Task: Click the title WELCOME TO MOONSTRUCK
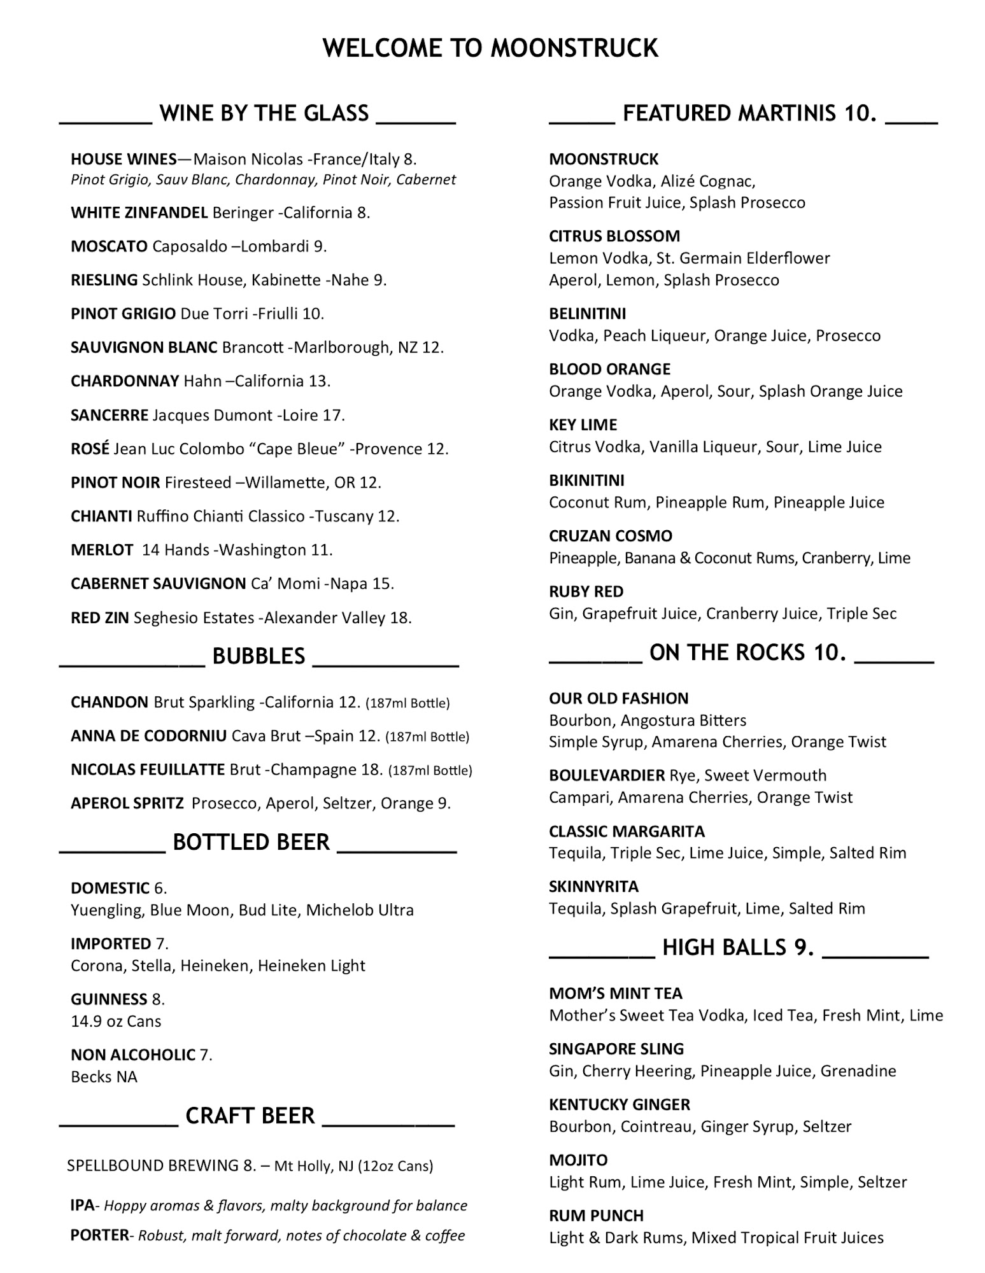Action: pos(490,48)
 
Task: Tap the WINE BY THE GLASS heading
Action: pos(264,113)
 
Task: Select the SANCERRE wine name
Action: pos(109,415)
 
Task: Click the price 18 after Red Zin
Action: pos(400,617)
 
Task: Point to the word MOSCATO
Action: pos(109,246)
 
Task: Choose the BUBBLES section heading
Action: pos(259,656)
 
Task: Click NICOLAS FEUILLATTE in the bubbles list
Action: pos(148,770)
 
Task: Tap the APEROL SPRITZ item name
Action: pos(127,803)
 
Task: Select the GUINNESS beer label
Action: pos(109,999)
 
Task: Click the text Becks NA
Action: pos(104,1077)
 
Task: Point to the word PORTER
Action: pos(99,1235)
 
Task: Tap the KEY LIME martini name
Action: pos(583,425)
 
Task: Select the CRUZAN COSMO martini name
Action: pos(610,536)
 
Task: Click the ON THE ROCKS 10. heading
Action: pos(748,652)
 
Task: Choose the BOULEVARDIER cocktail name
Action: pos(607,775)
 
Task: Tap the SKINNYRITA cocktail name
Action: pos(593,886)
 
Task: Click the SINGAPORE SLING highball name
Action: pos(616,1048)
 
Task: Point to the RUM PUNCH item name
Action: pos(596,1215)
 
